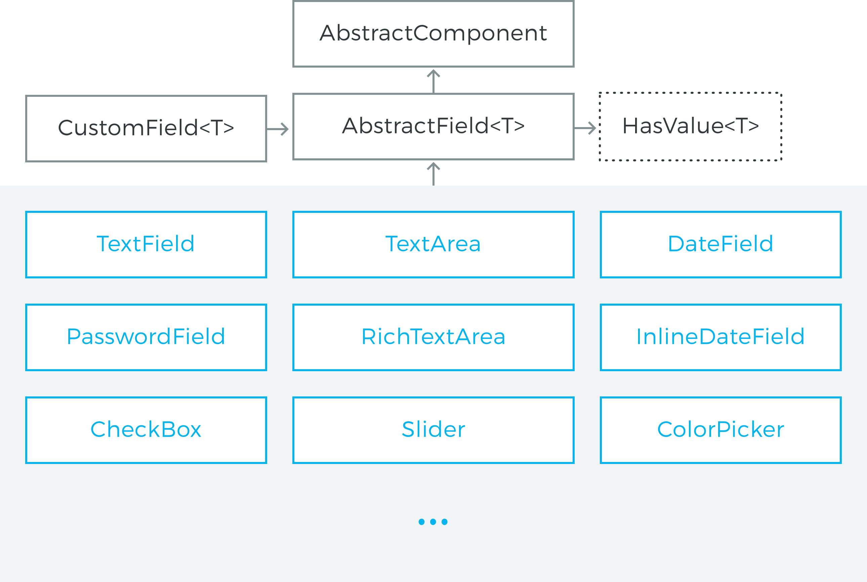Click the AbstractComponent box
(433, 34)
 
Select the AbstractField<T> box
(433, 126)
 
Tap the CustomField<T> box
(146, 129)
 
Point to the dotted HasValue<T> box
(691, 126)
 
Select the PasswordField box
(146, 337)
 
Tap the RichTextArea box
(433, 337)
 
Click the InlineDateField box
(721, 337)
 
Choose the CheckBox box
(146, 430)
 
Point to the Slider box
(433, 430)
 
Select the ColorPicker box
(721, 430)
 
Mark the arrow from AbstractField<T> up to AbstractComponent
(433, 81)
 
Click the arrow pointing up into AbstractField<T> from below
(433, 174)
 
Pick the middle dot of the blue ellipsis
(433, 522)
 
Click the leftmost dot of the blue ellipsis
(421, 522)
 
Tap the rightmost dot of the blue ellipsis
(445, 522)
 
